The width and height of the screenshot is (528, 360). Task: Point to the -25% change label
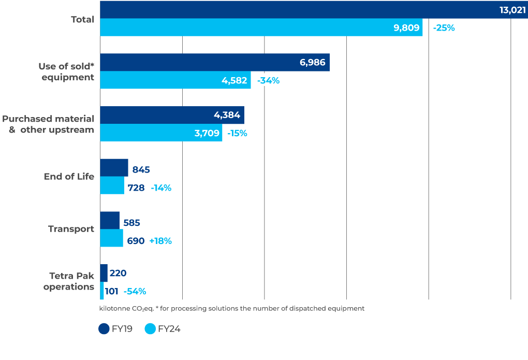[x=444, y=28]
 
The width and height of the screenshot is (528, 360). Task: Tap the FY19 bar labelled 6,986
[x=214, y=62]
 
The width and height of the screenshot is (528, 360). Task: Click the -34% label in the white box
[x=268, y=80]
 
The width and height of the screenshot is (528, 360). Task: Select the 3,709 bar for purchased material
[x=161, y=133]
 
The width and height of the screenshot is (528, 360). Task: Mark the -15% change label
[x=237, y=133]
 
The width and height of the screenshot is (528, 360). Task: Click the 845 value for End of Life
[x=141, y=169]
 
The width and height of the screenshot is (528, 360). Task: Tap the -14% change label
[x=161, y=188]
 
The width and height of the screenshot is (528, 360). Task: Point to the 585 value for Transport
[x=131, y=223]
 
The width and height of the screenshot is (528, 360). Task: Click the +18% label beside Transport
[x=160, y=241]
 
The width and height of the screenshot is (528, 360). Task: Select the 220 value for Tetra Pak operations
[x=118, y=273]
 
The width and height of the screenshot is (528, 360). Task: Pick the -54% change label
[x=135, y=292]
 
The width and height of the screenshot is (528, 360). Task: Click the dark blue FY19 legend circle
[x=104, y=329]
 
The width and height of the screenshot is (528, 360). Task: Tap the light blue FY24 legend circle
[x=150, y=329]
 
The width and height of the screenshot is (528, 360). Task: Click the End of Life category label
[x=69, y=177]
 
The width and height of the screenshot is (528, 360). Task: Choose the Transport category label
[x=71, y=229]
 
